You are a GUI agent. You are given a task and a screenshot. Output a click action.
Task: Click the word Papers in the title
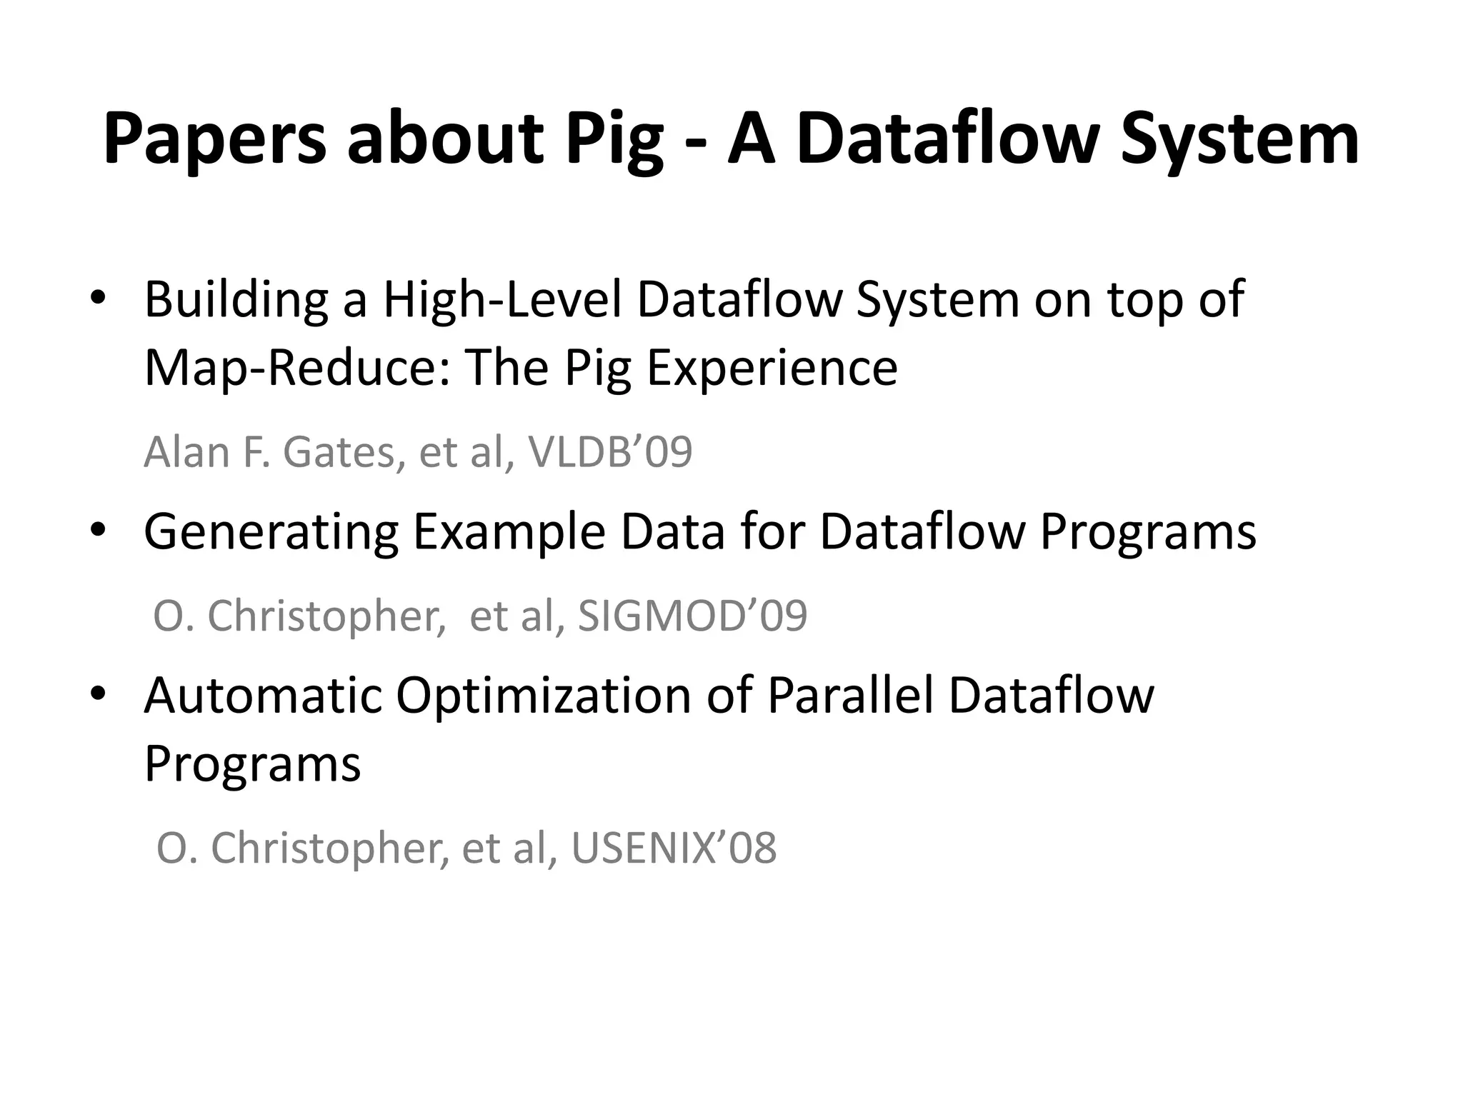pos(214,139)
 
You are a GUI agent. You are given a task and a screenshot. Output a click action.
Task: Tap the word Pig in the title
pos(614,141)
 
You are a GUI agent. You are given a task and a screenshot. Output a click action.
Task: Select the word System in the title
pos(1239,139)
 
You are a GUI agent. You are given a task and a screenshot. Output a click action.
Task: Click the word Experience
pos(772,369)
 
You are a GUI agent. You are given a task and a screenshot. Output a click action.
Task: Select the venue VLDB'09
pos(610,452)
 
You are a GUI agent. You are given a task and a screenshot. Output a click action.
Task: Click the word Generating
pos(271,534)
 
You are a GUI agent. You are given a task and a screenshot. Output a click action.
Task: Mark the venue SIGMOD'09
pos(692,616)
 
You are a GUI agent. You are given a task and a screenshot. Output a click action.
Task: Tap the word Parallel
pos(851,695)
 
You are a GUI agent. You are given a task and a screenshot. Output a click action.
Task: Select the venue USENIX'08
pos(674,848)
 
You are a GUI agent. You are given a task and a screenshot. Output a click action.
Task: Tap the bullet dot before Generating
pos(98,531)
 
